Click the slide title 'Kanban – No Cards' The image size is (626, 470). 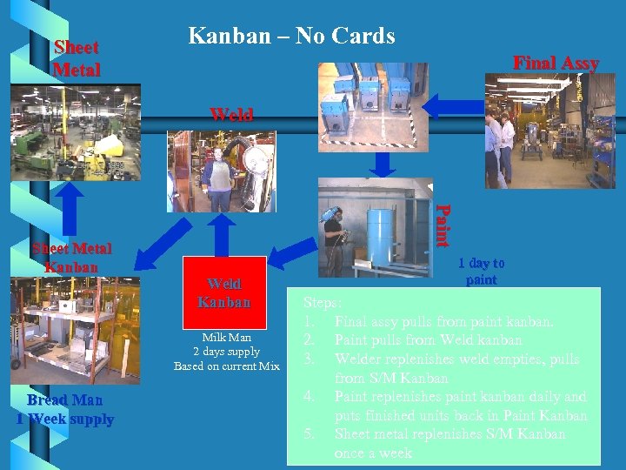pyautogui.click(x=291, y=37)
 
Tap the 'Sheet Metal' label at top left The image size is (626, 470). pyautogui.click(x=77, y=58)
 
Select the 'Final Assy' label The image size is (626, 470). pyautogui.click(x=556, y=63)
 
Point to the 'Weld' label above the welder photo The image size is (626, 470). pyautogui.click(x=231, y=115)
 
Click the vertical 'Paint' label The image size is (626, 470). pyautogui.click(x=443, y=225)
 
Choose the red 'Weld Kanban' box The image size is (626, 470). pyautogui.click(x=223, y=293)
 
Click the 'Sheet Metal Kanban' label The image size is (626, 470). pyautogui.click(x=71, y=258)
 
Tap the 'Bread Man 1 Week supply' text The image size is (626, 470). pyautogui.click(x=65, y=409)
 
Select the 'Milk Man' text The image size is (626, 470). pyautogui.click(x=226, y=337)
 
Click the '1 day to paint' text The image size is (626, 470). pyautogui.click(x=481, y=271)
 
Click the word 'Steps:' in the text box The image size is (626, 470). pyautogui.click(x=322, y=303)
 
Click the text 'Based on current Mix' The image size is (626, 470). pyautogui.click(x=226, y=366)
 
